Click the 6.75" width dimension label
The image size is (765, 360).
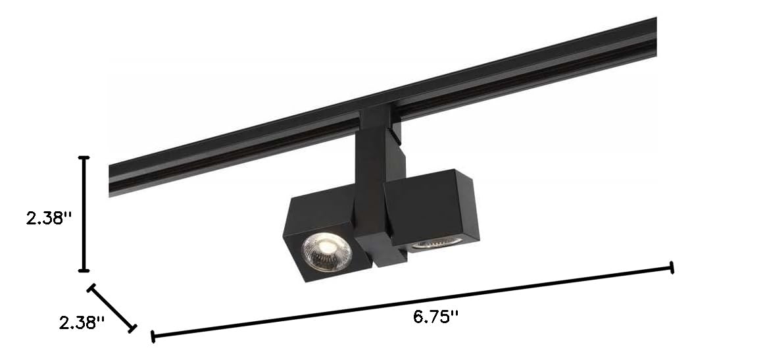point(435,317)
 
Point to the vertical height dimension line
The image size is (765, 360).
point(84,214)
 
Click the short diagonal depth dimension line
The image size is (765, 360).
point(112,307)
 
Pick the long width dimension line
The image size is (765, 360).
point(412,301)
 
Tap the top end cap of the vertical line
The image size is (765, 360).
point(84,158)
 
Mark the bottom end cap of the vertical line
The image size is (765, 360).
point(84,270)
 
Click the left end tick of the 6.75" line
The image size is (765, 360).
point(153,336)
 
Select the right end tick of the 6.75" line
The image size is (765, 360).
point(672,267)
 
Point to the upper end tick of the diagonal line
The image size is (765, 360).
point(91,287)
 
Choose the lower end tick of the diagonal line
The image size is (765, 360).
point(134,327)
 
